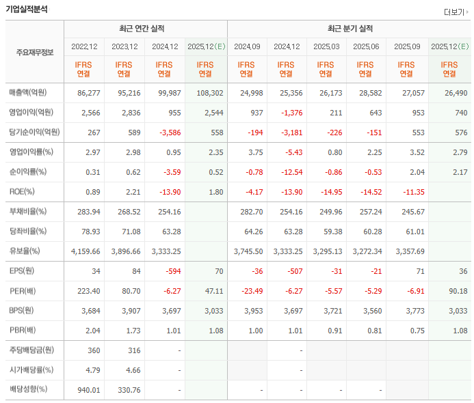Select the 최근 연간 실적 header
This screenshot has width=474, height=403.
[x=146, y=29]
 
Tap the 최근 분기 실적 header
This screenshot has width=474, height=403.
[x=350, y=29]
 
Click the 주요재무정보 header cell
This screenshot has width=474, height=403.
[x=34, y=53]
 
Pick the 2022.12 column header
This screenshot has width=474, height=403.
[x=84, y=47]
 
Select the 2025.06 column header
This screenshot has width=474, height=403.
[x=367, y=47]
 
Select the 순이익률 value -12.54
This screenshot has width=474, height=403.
[x=287, y=172]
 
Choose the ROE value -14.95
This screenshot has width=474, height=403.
[x=327, y=192]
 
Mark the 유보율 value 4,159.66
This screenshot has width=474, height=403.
[x=85, y=251]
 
